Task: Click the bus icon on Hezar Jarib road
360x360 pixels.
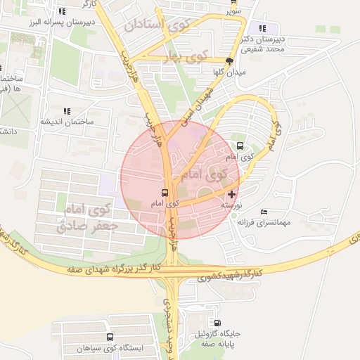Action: coord(165,193)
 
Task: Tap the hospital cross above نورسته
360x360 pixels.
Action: coord(232,193)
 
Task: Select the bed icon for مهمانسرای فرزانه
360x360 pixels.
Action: coord(264,212)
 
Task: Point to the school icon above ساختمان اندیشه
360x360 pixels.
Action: coord(67,111)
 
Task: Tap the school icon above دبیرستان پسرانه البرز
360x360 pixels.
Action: coord(63,11)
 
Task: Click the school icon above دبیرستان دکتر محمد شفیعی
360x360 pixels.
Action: coord(263,29)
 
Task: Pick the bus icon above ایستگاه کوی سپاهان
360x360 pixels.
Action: coord(137,337)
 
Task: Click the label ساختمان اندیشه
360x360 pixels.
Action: coord(66,122)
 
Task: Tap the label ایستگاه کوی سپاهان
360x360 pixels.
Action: coord(138,348)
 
